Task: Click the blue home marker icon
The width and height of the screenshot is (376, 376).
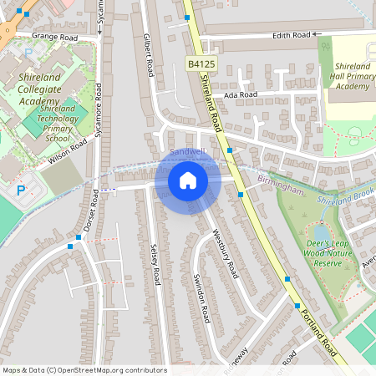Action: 187,180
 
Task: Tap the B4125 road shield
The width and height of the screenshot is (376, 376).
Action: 200,64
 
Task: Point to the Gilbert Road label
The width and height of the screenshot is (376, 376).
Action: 150,56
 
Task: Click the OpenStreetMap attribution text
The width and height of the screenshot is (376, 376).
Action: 84,370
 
